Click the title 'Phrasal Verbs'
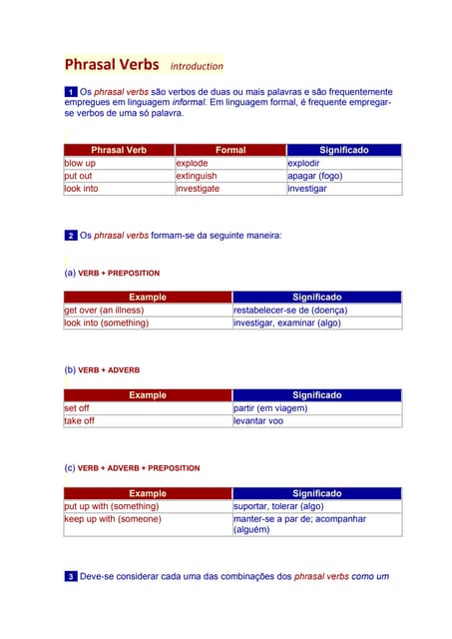pyautogui.click(x=111, y=65)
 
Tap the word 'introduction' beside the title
pyautogui.click(x=197, y=67)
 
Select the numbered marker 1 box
pyautogui.click(x=71, y=92)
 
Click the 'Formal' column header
pyautogui.click(x=230, y=150)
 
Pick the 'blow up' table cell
pyautogui.click(x=80, y=163)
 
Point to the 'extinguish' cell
pyautogui.click(x=197, y=176)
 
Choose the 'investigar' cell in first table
pyautogui.click(x=307, y=188)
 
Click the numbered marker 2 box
pyautogui.click(x=71, y=236)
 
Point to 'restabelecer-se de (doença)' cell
pyautogui.click(x=290, y=310)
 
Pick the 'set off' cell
pyautogui.click(x=77, y=407)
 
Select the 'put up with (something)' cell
pyautogui.click(x=112, y=505)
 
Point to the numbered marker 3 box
pyautogui.click(x=71, y=577)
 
